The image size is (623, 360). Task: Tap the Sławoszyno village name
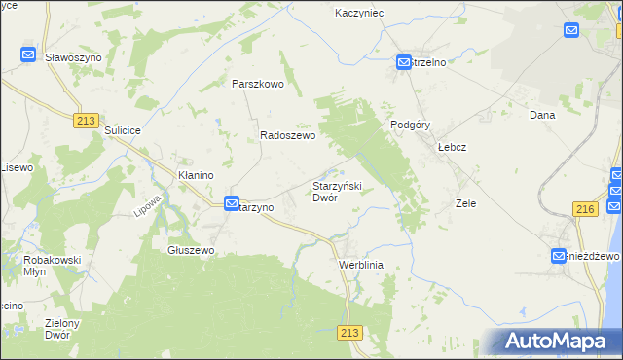click(72, 57)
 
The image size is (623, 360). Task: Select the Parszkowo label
click(257, 84)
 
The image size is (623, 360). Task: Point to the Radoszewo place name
click(287, 137)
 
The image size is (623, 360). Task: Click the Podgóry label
click(410, 125)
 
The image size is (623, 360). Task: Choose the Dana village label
click(541, 115)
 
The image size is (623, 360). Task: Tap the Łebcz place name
click(453, 147)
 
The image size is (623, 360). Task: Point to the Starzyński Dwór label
click(337, 191)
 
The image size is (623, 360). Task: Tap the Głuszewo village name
click(191, 250)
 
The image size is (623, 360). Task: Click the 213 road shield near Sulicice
click(86, 119)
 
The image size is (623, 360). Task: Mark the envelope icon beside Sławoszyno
click(28, 55)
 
